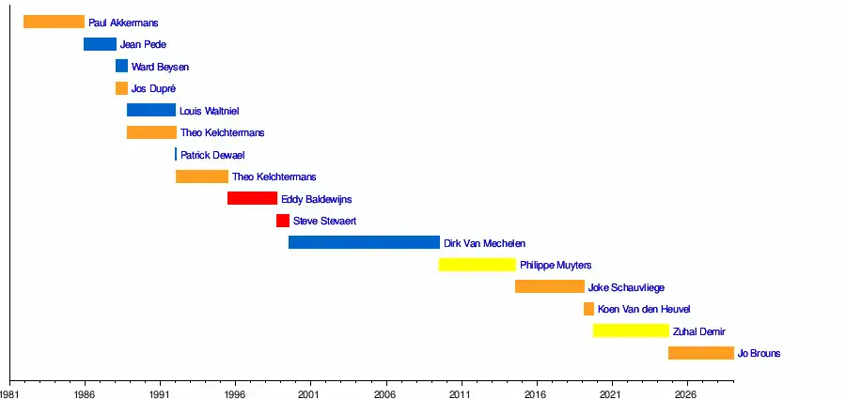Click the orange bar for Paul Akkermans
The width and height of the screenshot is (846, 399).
(x=54, y=22)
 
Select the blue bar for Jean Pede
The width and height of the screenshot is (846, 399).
(x=100, y=44)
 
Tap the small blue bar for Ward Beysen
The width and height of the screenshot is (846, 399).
(x=121, y=66)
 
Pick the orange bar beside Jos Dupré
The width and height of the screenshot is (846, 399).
(x=121, y=88)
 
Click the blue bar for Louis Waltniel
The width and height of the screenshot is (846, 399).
(x=151, y=110)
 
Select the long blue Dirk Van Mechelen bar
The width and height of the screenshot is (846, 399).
(x=364, y=242)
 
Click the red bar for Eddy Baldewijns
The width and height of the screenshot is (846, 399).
(x=252, y=198)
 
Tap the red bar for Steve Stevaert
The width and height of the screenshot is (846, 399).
(x=283, y=221)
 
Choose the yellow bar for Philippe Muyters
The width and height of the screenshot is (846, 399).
(x=477, y=265)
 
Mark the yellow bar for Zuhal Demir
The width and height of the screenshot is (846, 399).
(x=631, y=330)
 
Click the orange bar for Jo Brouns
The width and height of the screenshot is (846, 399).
(x=700, y=353)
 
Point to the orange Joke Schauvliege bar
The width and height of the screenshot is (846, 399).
(x=549, y=286)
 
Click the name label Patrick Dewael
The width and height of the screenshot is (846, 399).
(x=212, y=155)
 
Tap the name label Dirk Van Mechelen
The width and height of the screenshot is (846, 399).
(x=484, y=243)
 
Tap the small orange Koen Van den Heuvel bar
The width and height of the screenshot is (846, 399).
(x=588, y=309)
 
